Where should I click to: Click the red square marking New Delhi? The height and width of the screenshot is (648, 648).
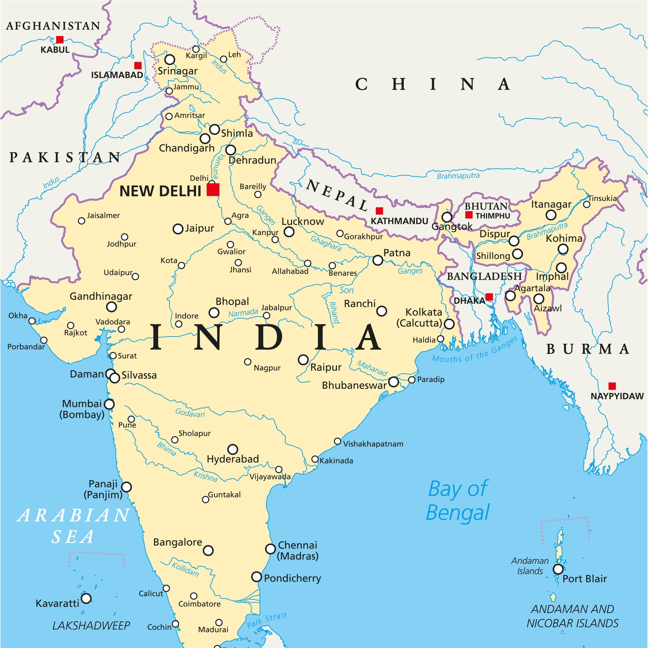(213, 190)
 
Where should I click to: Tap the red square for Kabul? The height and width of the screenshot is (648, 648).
(60, 39)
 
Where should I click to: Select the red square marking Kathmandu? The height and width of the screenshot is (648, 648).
(379, 211)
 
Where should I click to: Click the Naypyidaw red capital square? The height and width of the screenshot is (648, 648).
(612, 386)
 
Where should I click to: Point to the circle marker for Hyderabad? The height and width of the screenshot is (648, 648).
(232, 449)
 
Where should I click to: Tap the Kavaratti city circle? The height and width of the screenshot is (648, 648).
(86, 598)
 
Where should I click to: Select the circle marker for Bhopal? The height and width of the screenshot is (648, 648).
(214, 313)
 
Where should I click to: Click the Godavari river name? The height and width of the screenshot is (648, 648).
(190, 413)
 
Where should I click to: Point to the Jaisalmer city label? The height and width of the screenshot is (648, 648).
(103, 215)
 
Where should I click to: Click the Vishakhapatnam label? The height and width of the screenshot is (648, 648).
(373, 444)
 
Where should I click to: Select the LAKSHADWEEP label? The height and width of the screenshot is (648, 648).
(91, 625)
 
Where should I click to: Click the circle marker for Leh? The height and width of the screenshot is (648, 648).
(223, 59)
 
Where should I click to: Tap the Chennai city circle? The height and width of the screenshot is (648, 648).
(270, 549)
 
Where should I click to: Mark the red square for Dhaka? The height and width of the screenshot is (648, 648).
(489, 296)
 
